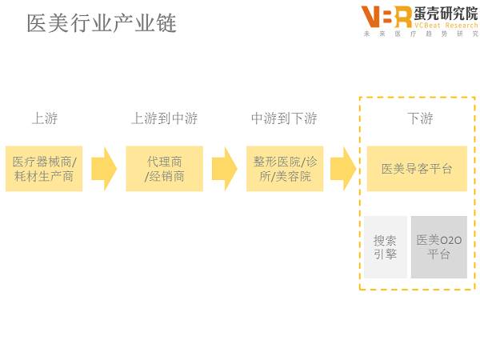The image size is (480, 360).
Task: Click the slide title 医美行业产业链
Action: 102,23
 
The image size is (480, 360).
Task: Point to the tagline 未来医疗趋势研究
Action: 420,34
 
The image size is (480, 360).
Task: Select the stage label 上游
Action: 44,118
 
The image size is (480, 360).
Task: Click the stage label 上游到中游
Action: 164,118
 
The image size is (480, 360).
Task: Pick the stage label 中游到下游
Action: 284,118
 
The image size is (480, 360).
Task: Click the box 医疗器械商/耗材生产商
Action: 44,169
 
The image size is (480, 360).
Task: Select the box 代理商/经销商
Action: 164,169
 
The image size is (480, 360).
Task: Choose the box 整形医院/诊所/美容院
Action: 284,169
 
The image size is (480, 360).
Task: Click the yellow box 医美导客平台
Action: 417,169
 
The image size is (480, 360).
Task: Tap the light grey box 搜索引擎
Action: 386,247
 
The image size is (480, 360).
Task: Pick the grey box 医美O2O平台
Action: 438,247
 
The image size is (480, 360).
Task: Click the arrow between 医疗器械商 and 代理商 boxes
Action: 104,169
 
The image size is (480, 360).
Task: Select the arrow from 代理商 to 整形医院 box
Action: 224,169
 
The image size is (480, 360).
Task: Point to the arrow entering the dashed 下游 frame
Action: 343,169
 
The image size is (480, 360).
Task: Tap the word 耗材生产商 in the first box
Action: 44,176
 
